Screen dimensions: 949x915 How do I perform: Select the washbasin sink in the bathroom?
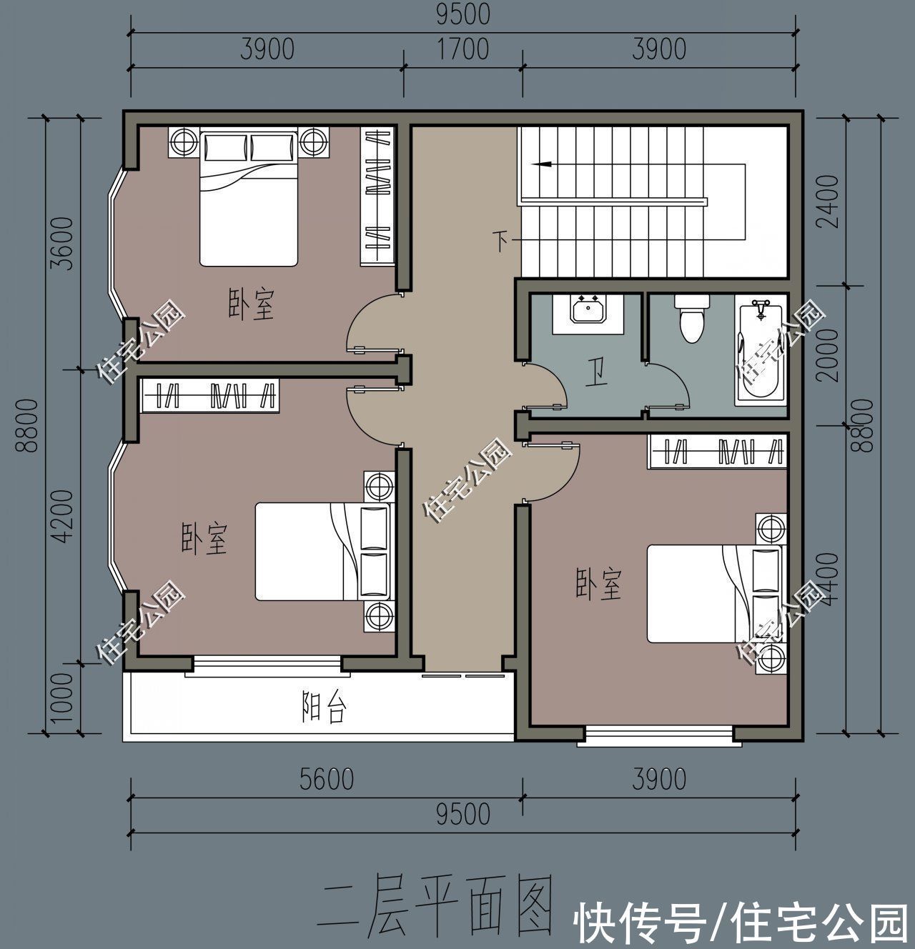(x=588, y=312)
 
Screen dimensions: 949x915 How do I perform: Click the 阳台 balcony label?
(x=323, y=709)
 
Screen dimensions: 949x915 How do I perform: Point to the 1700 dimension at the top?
(x=463, y=49)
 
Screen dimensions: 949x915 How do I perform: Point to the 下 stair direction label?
(x=503, y=241)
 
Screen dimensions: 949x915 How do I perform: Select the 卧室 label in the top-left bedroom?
(x=252, y=304)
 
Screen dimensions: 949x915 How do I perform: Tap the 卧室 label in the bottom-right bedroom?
(x=599, y=584)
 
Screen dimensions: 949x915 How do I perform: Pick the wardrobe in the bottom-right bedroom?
(x=717, y=452)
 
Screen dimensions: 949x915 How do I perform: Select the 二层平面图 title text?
(x=438, y=906)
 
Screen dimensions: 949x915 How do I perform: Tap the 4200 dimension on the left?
(x=63, y=516)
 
